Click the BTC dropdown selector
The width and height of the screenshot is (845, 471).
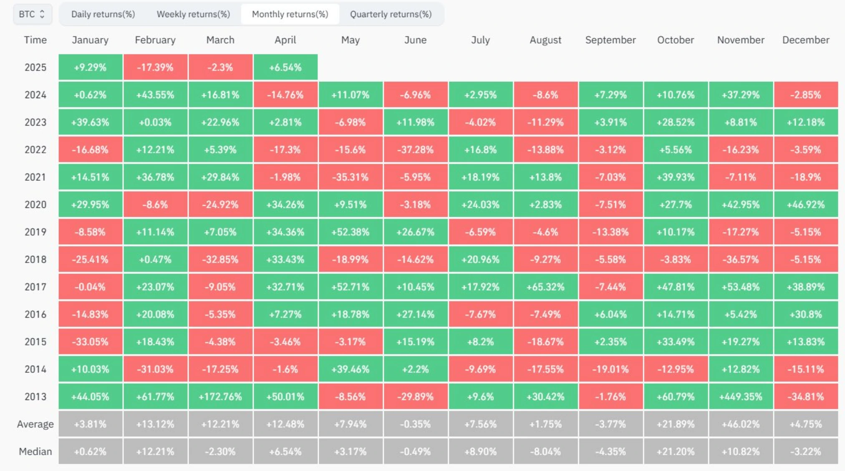pyautogui.click(x=32, y=14)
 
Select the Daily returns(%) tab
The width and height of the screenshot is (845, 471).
pyautogui.click(x=103, y=14)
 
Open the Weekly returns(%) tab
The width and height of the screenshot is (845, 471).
pyautogui.click(x=193, y=14)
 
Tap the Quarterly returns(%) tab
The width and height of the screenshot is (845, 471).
pyautogui.click(x=391, y=14)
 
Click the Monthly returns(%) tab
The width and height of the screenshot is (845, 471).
pyautogui.click(x=290, y=14)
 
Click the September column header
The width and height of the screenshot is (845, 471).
pyautogui.click(x=610, y=40)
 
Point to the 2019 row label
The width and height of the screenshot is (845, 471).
pyautogui.click(x=35, y=232)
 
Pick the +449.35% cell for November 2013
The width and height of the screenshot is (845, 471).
pyautogui.click(x=741, y=397)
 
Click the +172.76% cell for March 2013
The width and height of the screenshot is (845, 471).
pyautogui.click(x=220, y=397)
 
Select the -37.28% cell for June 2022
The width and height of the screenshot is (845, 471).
pyautogui.click(x=415, y=150)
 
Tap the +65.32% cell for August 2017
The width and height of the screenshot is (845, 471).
pyautogui.click(x=545, y=287)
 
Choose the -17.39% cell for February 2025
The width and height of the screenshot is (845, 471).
pyautogui.click(x=155, y=67)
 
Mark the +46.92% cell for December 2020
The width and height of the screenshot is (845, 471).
pyautogui.click(x=806, y=205)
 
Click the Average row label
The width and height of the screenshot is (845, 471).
pyautogui.click(x=35, y=424)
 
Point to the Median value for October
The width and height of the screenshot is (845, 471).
pyautogui.click(x=676, y=451)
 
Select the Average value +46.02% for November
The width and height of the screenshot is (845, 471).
pyautogui.click(x=741, y=424)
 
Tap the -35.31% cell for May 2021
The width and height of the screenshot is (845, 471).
pyautogui.click(x=350, y=177)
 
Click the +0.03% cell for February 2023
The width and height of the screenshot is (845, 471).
pyautogui.click(x=155, y=122)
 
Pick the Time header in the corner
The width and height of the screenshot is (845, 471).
pyautogui.click(x=35, y=40)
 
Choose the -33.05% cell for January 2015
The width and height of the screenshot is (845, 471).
pyautogui.click(x=90, y=342)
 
